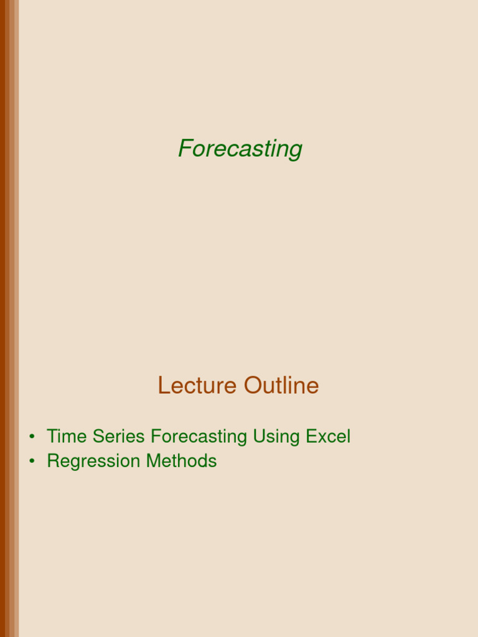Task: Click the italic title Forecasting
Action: pyautogui.click(x=240, y=149)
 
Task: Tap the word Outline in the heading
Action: pyautogui.click(x=281, y=386)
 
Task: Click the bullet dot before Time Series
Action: pyautogui.click(x=31, y=437)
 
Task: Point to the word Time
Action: pyautogui.click(x=67, y=437)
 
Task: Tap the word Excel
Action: pyautogui.click(x=328, y=437)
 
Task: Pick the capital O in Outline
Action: pyautogui.click(x=251, y=386)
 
